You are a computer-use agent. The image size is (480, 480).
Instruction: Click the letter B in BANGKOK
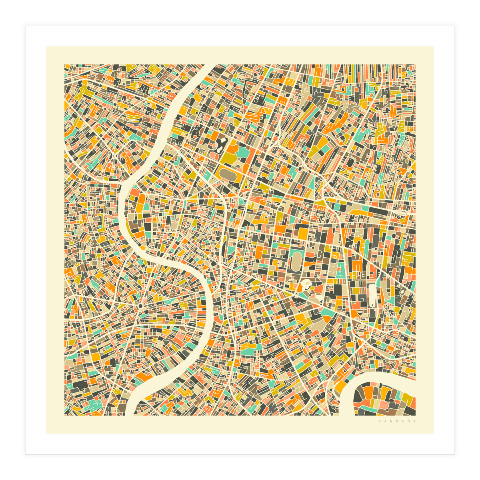380,421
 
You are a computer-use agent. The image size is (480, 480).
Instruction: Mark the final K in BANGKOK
414,421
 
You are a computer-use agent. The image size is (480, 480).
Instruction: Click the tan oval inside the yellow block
228,175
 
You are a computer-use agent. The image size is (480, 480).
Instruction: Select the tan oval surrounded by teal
296,262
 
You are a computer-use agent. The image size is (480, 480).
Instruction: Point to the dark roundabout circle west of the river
141,306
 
